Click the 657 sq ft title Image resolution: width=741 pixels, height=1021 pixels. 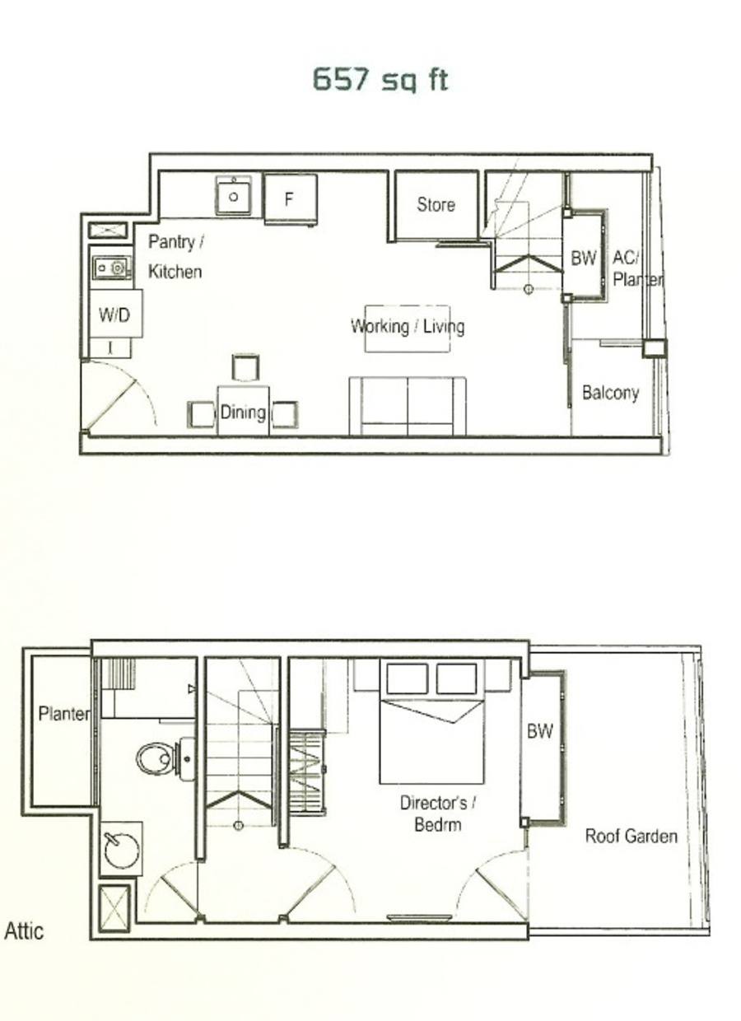pyautogui.click(x=380, y=80)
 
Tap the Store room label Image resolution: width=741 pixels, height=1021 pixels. pyautogui.click(x=436, y=205)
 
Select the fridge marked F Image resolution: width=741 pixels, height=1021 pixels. pyautogui.click(x=291, y=199)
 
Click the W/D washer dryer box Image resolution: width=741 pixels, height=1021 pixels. pyautogui.click(x=115, y=314)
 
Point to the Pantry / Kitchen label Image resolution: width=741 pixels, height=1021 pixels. pyautogui.click(x=175, y=257)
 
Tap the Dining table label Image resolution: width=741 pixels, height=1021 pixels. pyautogui.click(x=243, y=412)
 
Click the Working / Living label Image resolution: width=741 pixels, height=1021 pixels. pyautogui.click(x=408, y=326)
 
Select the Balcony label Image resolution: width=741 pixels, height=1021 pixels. pyautogui.click(x=611, y=393)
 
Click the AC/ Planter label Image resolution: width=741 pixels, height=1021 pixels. pyautogui.click(x=637, y=268)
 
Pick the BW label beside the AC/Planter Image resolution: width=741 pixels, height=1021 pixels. pyautogui.click(x=583, y=258)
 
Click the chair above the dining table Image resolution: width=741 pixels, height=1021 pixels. pyautogui.click(x=245, y=367)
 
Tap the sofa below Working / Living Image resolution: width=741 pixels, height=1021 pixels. pyautogui.click(x=408, y=406)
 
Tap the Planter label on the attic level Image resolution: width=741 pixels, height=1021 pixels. pyautogui.click(x=63, y=714)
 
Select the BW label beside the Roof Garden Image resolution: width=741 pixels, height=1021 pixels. pyautogui.click(x=539, y=730)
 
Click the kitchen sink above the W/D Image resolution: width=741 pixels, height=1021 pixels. pyautogui.click(x=112, y=268)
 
